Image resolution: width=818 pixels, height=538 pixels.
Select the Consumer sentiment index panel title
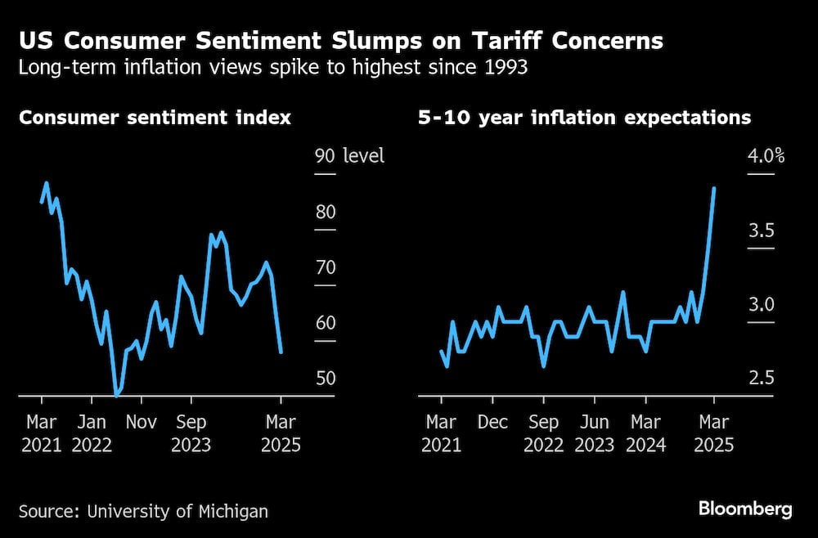(x=155, y=118)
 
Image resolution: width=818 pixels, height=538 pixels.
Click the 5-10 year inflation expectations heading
(x=584, y=118)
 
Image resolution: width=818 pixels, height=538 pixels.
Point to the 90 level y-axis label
(x=349, y=155)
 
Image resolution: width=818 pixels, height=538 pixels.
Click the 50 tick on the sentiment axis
(x=325, y=379)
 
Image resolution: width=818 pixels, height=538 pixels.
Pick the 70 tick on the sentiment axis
(x=325, y=267)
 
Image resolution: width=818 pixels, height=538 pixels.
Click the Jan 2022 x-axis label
(x=92, y=433)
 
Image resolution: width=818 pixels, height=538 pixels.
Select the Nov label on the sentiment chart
(x=141, y=423)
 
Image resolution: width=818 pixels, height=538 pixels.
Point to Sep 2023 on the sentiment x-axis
(x=191, y=433)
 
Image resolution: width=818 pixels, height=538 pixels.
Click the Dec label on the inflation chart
(x=492, y=423)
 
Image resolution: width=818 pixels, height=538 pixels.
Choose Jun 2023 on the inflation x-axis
(x=595, y=433)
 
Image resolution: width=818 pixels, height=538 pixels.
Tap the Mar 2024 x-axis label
(x=646, y=433)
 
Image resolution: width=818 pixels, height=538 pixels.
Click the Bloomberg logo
(x=745, y=509)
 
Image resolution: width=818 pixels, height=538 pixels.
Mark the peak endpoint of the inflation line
(x=715, y=188)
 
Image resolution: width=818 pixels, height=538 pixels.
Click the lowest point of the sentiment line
(x=117, y=396)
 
